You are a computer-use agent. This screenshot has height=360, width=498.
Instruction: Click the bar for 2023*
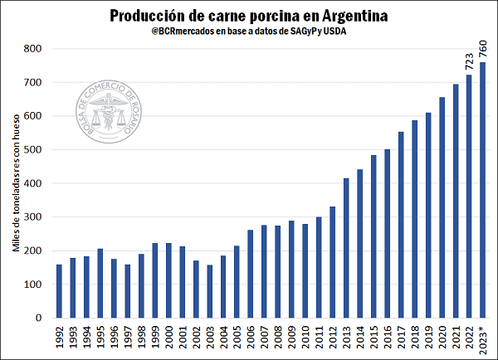tap(482, 190)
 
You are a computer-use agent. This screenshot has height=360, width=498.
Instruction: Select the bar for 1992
tap(60, 291)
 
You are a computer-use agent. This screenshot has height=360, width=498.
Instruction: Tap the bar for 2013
tap(346, 248)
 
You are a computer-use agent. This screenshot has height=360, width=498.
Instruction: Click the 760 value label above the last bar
tap(482, 48)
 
